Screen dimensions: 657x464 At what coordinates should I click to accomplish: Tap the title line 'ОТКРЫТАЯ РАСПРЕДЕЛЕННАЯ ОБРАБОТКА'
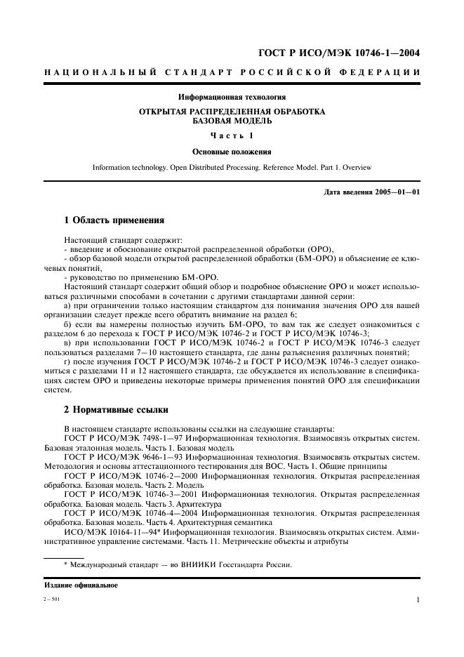point(232,112)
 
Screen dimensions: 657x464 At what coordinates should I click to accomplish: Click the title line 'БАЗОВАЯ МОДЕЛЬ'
point(232,121)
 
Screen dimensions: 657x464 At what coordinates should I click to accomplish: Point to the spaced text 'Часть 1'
point(232,135)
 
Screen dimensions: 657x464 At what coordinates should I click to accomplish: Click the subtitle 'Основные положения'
point(232,151)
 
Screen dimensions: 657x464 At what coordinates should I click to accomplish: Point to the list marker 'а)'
point(67,305)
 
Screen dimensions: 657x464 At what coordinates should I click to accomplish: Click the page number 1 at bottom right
point(418,600)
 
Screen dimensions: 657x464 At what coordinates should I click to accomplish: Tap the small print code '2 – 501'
point(53,600)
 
